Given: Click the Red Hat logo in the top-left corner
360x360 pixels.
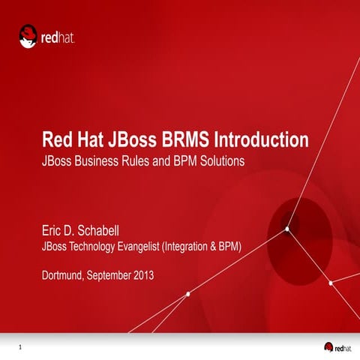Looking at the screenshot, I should [x=47, y=35].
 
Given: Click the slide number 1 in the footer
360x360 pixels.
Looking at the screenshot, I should [x=20, y=346].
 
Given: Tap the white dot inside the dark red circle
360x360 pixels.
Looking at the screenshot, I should [x=287, y=229].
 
